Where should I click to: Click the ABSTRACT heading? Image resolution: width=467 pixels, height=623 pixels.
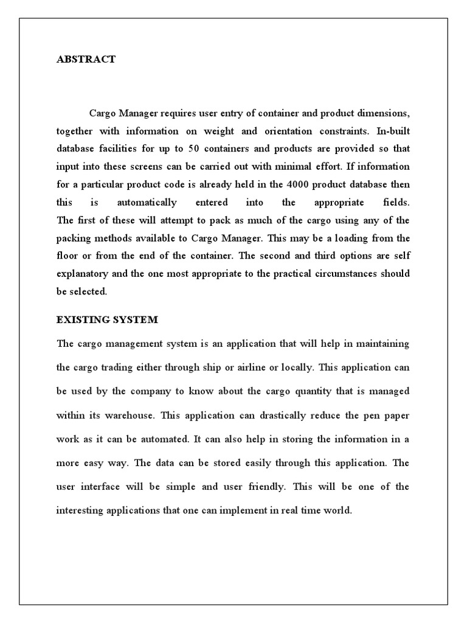point(86,60)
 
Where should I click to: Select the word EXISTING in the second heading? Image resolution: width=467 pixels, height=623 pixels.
point(81,319)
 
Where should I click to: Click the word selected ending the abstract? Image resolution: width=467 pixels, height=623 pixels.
point(89,291)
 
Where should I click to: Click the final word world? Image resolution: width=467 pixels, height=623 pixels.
point(339,510)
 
